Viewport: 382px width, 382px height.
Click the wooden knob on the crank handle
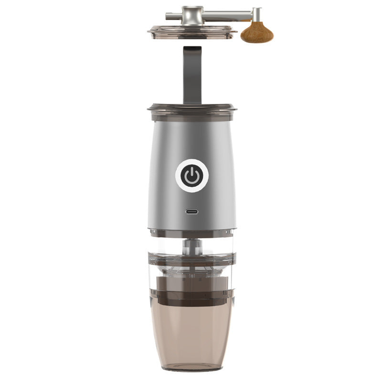coord(256,32)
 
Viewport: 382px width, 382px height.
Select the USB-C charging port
coord(192,212)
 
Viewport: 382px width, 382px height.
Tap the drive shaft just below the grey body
coord(192,246)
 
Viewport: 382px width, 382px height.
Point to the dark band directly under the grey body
coord(192,233)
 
